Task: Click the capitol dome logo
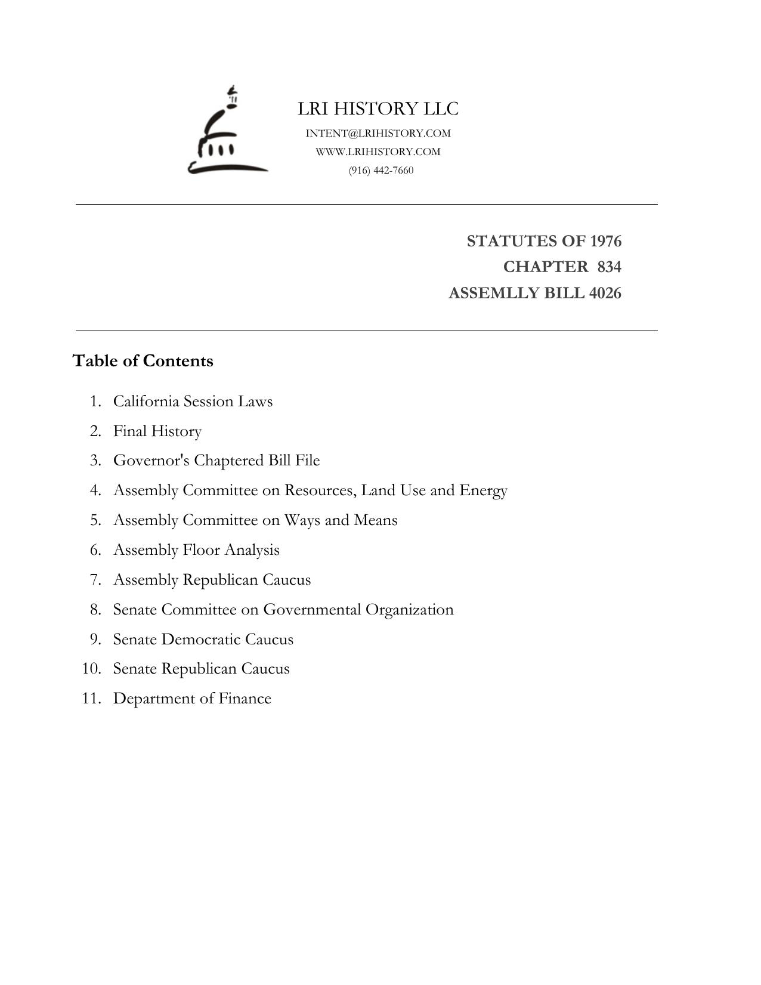click(227, 134)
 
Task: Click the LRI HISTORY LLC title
click(378, 109)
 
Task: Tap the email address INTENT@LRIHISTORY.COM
click(378, 133)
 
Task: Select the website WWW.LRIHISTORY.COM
click(378, 152)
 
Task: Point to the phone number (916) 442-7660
click(381, 170)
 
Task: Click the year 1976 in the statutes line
click(605, 241)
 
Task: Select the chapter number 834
click(609, 267)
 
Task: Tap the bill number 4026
click(605, 293)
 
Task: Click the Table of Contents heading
click(143, 361)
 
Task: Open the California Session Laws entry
click(193, 401)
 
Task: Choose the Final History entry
click(157, 431)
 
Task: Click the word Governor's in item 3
click(151, 461)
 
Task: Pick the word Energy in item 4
click(483, 490)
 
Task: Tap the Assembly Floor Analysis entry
click(196, 549)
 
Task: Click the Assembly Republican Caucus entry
click(212, 579)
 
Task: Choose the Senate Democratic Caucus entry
click(203, 639)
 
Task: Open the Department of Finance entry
click(192, 698)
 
